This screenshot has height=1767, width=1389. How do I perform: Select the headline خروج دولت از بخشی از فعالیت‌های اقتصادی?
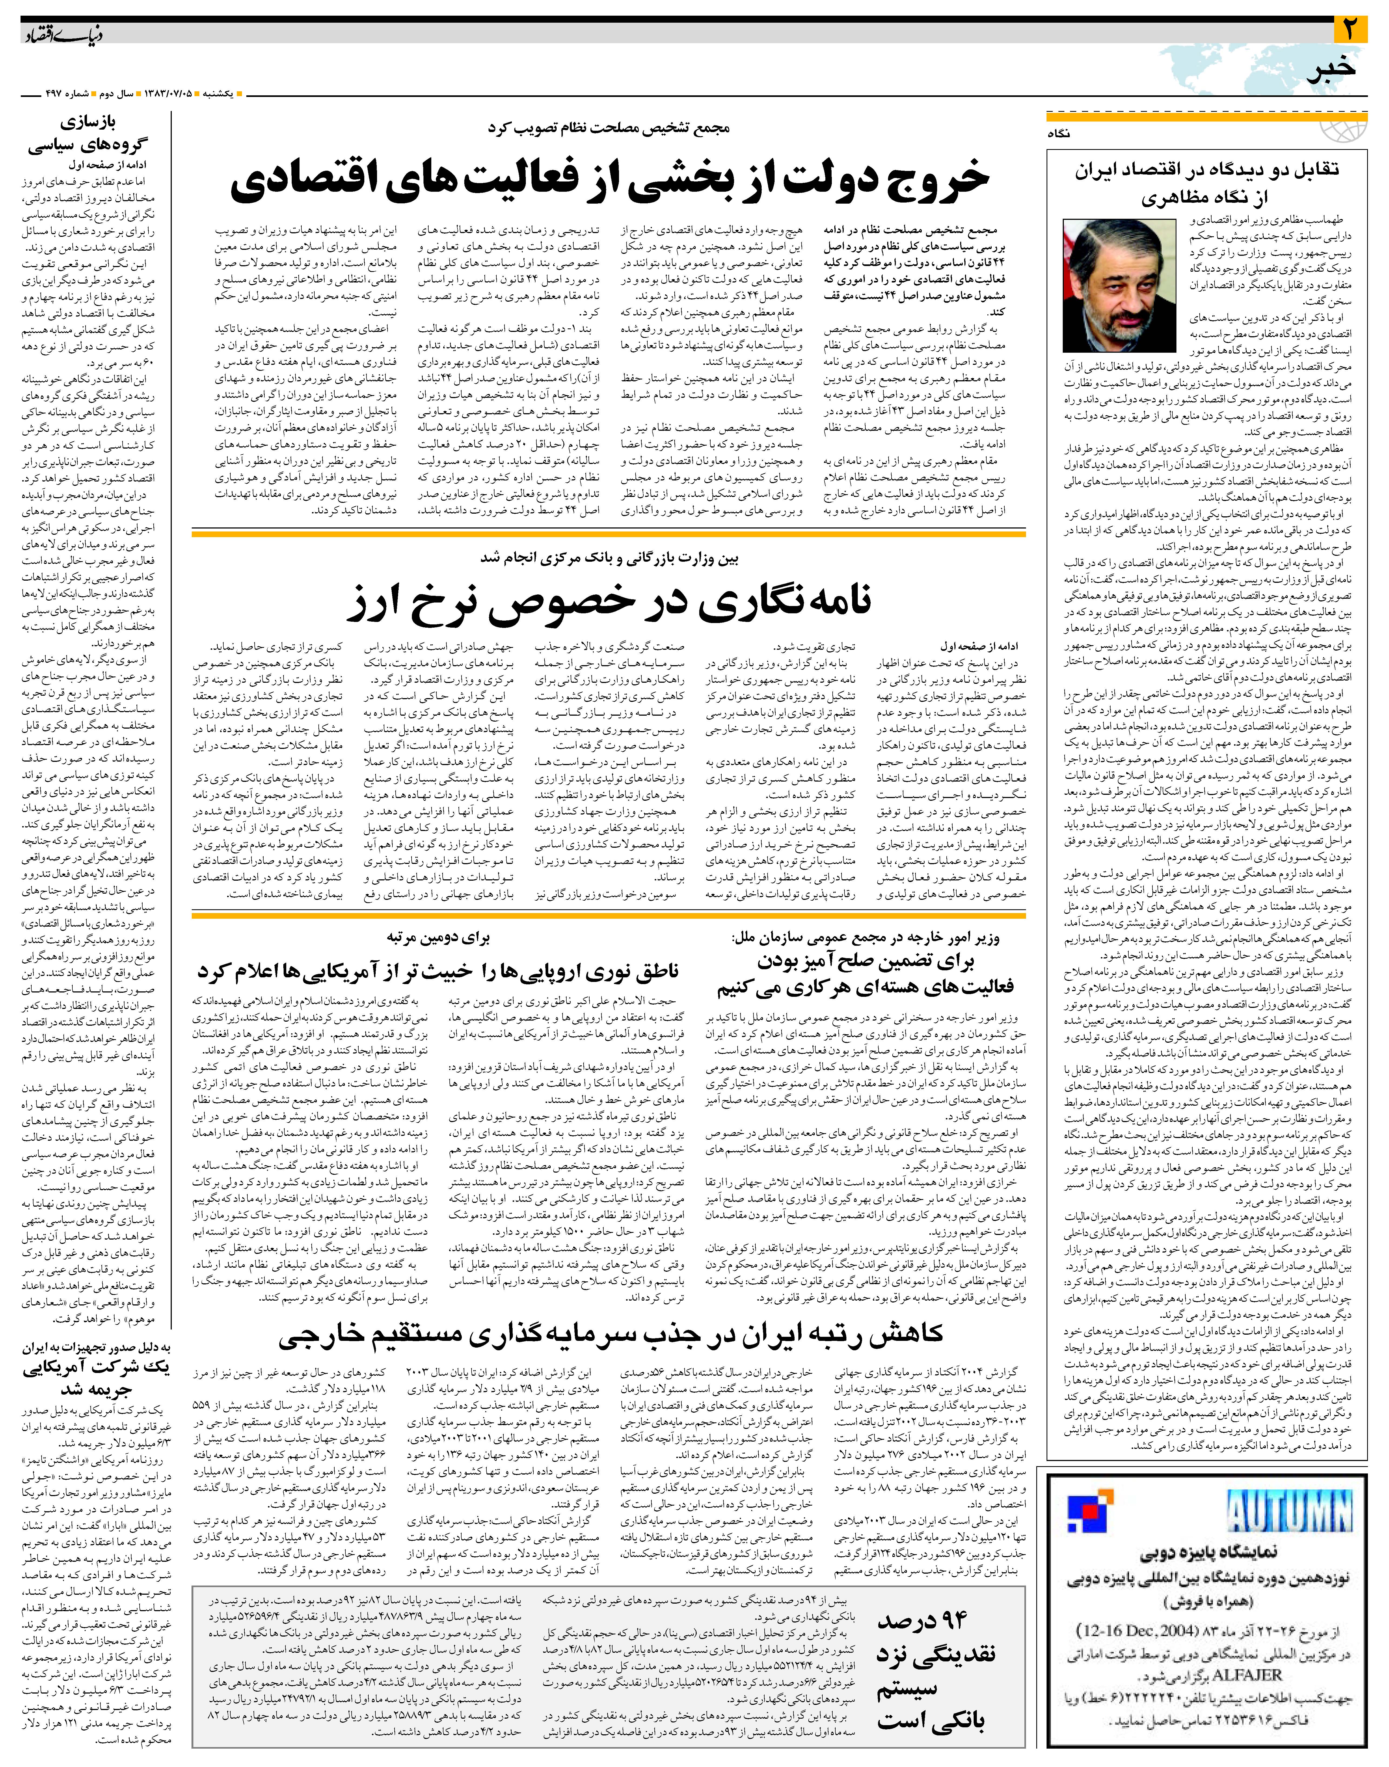610,180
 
